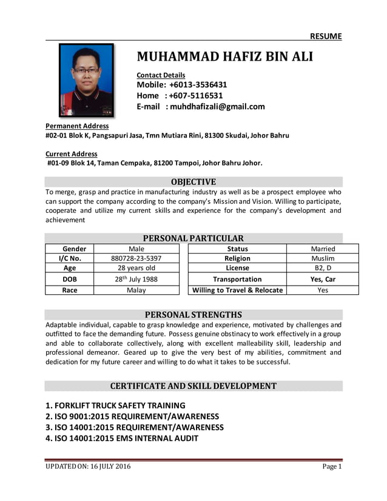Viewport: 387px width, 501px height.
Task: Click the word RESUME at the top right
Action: click(326, 36)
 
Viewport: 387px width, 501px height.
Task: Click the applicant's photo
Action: click(86, 79)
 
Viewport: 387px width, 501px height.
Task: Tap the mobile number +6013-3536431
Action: click(198, 85)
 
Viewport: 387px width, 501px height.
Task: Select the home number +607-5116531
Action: click(196, 96)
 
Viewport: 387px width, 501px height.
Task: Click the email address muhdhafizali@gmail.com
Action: click(217, 107)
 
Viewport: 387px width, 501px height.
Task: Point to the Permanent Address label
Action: click(77, 126)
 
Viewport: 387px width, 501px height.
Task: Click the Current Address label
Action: click(71, 154)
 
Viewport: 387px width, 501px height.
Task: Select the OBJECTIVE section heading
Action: click(193, 181)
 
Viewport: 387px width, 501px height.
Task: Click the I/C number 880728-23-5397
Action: click(136, 258)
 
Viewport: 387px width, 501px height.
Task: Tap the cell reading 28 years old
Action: click(136, 268)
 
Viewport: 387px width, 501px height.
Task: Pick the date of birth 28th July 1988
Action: click(136, 279)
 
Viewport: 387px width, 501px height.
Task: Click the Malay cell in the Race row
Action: click(136, 290)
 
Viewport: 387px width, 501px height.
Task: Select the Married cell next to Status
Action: click(323, 249)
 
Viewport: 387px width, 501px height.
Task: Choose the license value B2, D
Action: click(323, 268)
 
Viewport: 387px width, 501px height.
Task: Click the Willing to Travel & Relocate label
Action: click(237, 290)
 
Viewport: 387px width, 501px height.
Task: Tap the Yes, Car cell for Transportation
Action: click(323, 279)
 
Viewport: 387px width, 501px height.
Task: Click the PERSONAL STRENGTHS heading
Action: click(193, 314)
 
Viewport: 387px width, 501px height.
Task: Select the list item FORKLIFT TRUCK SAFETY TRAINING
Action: click(115, 405)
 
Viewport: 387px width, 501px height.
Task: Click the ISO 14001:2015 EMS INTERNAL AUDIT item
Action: click(122, 438)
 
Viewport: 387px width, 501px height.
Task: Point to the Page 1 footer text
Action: click(332, 466)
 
